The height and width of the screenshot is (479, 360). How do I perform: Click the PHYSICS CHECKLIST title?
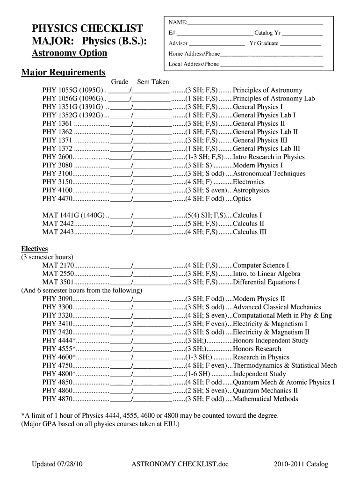(86, 28)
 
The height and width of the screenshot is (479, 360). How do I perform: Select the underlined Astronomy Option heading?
(69, 53)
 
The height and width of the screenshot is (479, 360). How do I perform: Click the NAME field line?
(255, 23)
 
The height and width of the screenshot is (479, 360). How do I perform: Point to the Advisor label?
(178, 43)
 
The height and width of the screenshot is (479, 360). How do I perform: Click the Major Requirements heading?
(64, 73)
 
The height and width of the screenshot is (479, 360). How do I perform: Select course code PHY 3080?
(57, 165)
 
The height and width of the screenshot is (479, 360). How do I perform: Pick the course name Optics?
(242, 199)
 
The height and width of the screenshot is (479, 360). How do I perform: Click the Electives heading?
(35, 248)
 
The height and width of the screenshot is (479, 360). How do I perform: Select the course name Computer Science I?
(260, 265)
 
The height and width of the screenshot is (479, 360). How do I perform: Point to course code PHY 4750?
(57, 365)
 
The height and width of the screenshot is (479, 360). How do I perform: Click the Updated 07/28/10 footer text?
(58, 464)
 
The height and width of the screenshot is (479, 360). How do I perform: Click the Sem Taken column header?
(153, 82)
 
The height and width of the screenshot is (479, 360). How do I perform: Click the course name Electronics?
(248, 182)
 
